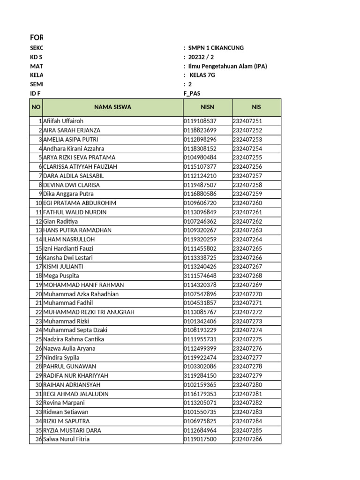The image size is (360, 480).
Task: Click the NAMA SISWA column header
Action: (112, 107)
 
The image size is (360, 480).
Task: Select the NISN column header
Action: (207, 107)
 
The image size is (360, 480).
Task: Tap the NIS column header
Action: (256, 107)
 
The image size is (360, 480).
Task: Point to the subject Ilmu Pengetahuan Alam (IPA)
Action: (227, 66)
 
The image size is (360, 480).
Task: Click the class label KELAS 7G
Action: (202, 75)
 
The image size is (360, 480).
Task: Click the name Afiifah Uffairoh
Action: (63, 121)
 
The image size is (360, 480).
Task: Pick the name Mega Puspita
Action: (61, 276)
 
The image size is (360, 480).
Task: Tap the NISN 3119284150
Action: (200, 376)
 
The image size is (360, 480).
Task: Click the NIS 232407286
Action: (247, 439)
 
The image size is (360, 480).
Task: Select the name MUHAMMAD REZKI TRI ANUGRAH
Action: (89, 312)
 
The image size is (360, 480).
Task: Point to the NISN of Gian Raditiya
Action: (200, 221)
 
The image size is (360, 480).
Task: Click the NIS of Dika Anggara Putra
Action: (247, 194)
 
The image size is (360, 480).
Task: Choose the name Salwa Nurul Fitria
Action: (66, 439)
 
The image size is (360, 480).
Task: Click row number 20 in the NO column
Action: (38, 294)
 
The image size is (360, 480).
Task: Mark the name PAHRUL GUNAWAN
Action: (69, 367)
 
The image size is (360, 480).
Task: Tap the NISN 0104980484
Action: (200, 157)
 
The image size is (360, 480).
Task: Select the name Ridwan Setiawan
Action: (66, 412)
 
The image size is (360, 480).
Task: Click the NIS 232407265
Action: (247, 248)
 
